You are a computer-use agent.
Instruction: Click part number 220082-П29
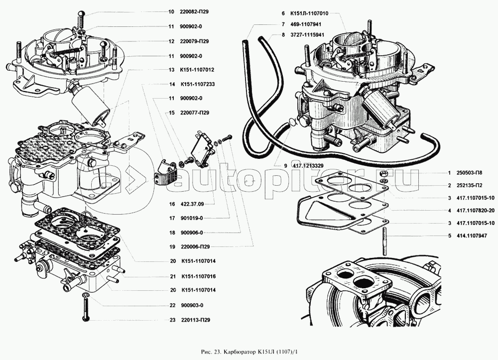(194, 12)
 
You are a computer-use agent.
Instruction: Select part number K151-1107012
(197, 70)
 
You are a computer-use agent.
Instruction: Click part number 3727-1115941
(307, 34)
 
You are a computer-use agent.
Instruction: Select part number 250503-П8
(470, 173)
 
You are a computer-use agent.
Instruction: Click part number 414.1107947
(471, 236)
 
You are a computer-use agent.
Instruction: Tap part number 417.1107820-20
(476, 211)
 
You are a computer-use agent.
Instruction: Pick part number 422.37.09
(192, 204)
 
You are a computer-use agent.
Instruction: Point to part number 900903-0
(192, 305)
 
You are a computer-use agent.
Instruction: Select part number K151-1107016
(199, 276)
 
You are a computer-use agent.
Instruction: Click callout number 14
(172, 85)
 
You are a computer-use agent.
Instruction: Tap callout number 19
(172, 246)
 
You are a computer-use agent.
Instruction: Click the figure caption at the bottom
(250, 352)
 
